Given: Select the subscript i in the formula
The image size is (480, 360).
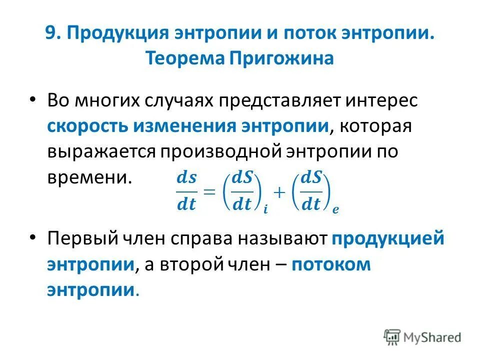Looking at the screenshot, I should [x=265, y=210].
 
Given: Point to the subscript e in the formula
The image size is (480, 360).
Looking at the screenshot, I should [x=335, y=210].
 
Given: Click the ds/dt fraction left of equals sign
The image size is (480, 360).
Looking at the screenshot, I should [x=187, y=191].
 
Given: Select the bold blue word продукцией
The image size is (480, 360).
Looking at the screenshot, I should [x=387, y=238].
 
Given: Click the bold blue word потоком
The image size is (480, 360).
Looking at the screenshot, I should [x=331, y=264].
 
